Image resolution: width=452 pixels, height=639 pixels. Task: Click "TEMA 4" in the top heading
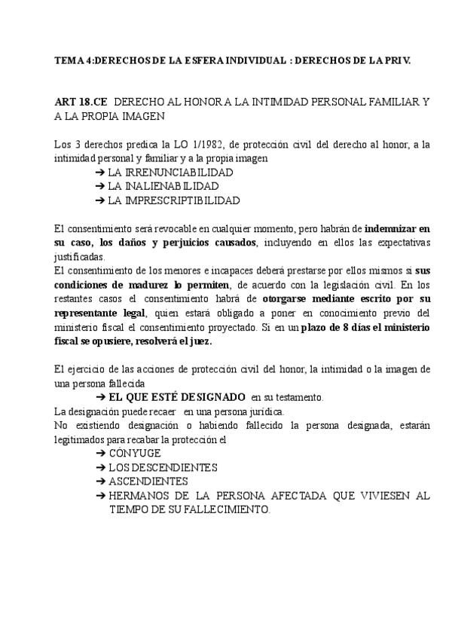click(x=75, y=60)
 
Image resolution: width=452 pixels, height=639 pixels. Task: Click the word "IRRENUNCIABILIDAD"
click(x=170, y=173)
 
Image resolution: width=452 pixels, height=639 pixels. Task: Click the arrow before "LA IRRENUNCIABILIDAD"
click(x=100, y=173)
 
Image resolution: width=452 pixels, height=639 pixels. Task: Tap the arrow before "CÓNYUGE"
click(x=100, y=453)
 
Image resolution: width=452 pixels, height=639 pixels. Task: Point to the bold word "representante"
click(x=90, y=313)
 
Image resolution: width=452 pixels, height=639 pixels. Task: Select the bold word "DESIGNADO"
click(x=214, y=396)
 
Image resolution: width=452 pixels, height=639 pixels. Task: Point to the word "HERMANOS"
click(x=141, y=496)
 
